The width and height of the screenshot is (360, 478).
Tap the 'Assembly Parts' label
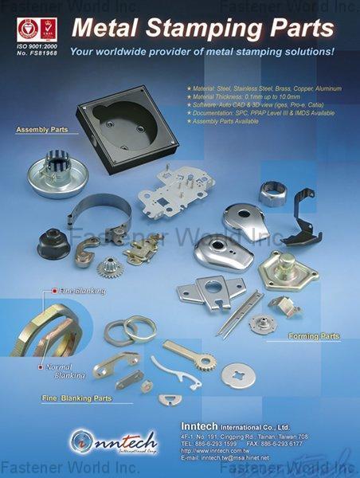tap(41, 128)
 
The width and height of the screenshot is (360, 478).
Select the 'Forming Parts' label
tap(314, 336)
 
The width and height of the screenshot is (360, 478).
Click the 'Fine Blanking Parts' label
tap(76, 397)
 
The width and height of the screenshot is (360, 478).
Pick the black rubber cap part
tap(54, 240)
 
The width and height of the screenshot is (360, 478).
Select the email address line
tap(225, 458)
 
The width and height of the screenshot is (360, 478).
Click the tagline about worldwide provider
tap(201, 52)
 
